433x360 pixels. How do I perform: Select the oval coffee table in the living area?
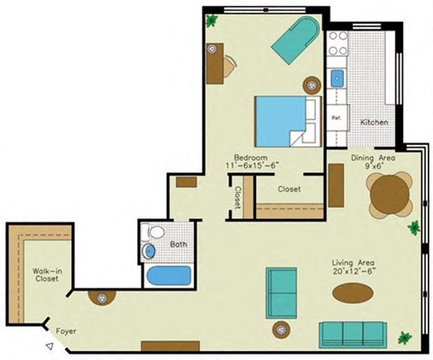[x=352, y=293]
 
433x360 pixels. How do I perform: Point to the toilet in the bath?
[x=151, y=247]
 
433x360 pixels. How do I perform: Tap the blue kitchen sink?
[x=337, y=79]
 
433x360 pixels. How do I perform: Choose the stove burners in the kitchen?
[x=337, y=43]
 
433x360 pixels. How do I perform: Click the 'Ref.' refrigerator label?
[x=336, y=118]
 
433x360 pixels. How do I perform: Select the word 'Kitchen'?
[x=374, y=122]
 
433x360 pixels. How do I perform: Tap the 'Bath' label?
[x=178, y=244]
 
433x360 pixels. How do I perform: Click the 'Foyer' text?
[x=66, y=331]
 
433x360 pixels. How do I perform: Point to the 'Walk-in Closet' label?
[x=45, y=275]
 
